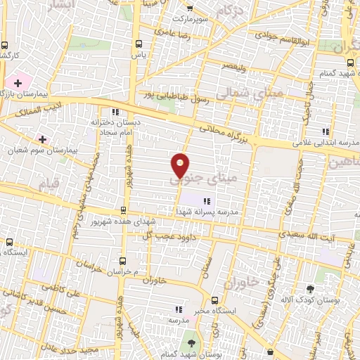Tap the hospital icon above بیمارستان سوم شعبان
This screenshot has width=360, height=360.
(43, 139)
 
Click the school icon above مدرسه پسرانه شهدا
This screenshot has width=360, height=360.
(206, 201)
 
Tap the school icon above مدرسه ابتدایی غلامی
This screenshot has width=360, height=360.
(325, 131)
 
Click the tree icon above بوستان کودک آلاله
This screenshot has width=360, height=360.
(310, 288)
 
